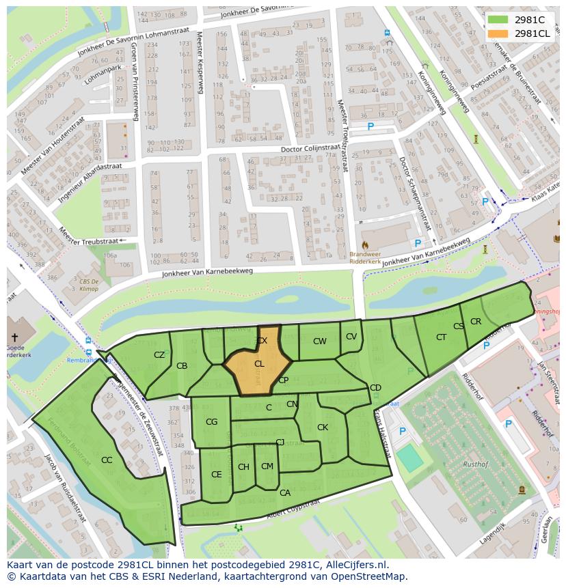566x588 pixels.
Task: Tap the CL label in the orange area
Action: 259,364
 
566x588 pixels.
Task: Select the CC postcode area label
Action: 107,460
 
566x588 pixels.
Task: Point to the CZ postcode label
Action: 159,355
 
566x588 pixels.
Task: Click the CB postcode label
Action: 182,366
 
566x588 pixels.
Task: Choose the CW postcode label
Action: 319,341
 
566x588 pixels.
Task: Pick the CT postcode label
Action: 441,337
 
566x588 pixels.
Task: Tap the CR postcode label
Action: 476,322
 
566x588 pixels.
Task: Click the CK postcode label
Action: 323,428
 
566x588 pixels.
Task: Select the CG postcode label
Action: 211,422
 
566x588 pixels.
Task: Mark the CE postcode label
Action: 216,475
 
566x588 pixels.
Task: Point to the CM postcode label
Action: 267,466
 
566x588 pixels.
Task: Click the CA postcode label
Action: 285,493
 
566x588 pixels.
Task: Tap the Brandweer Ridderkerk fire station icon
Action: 364,244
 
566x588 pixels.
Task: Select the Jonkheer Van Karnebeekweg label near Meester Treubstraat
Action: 207,272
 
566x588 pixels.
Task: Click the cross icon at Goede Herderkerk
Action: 14,337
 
